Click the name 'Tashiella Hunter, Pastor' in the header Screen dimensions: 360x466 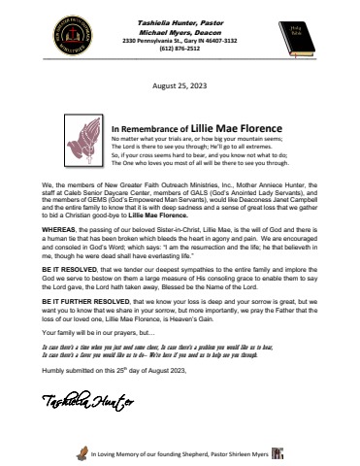pos(180,10)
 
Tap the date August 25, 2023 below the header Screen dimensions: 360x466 pos(180,85)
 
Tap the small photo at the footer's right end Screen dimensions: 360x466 pos(278,452)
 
